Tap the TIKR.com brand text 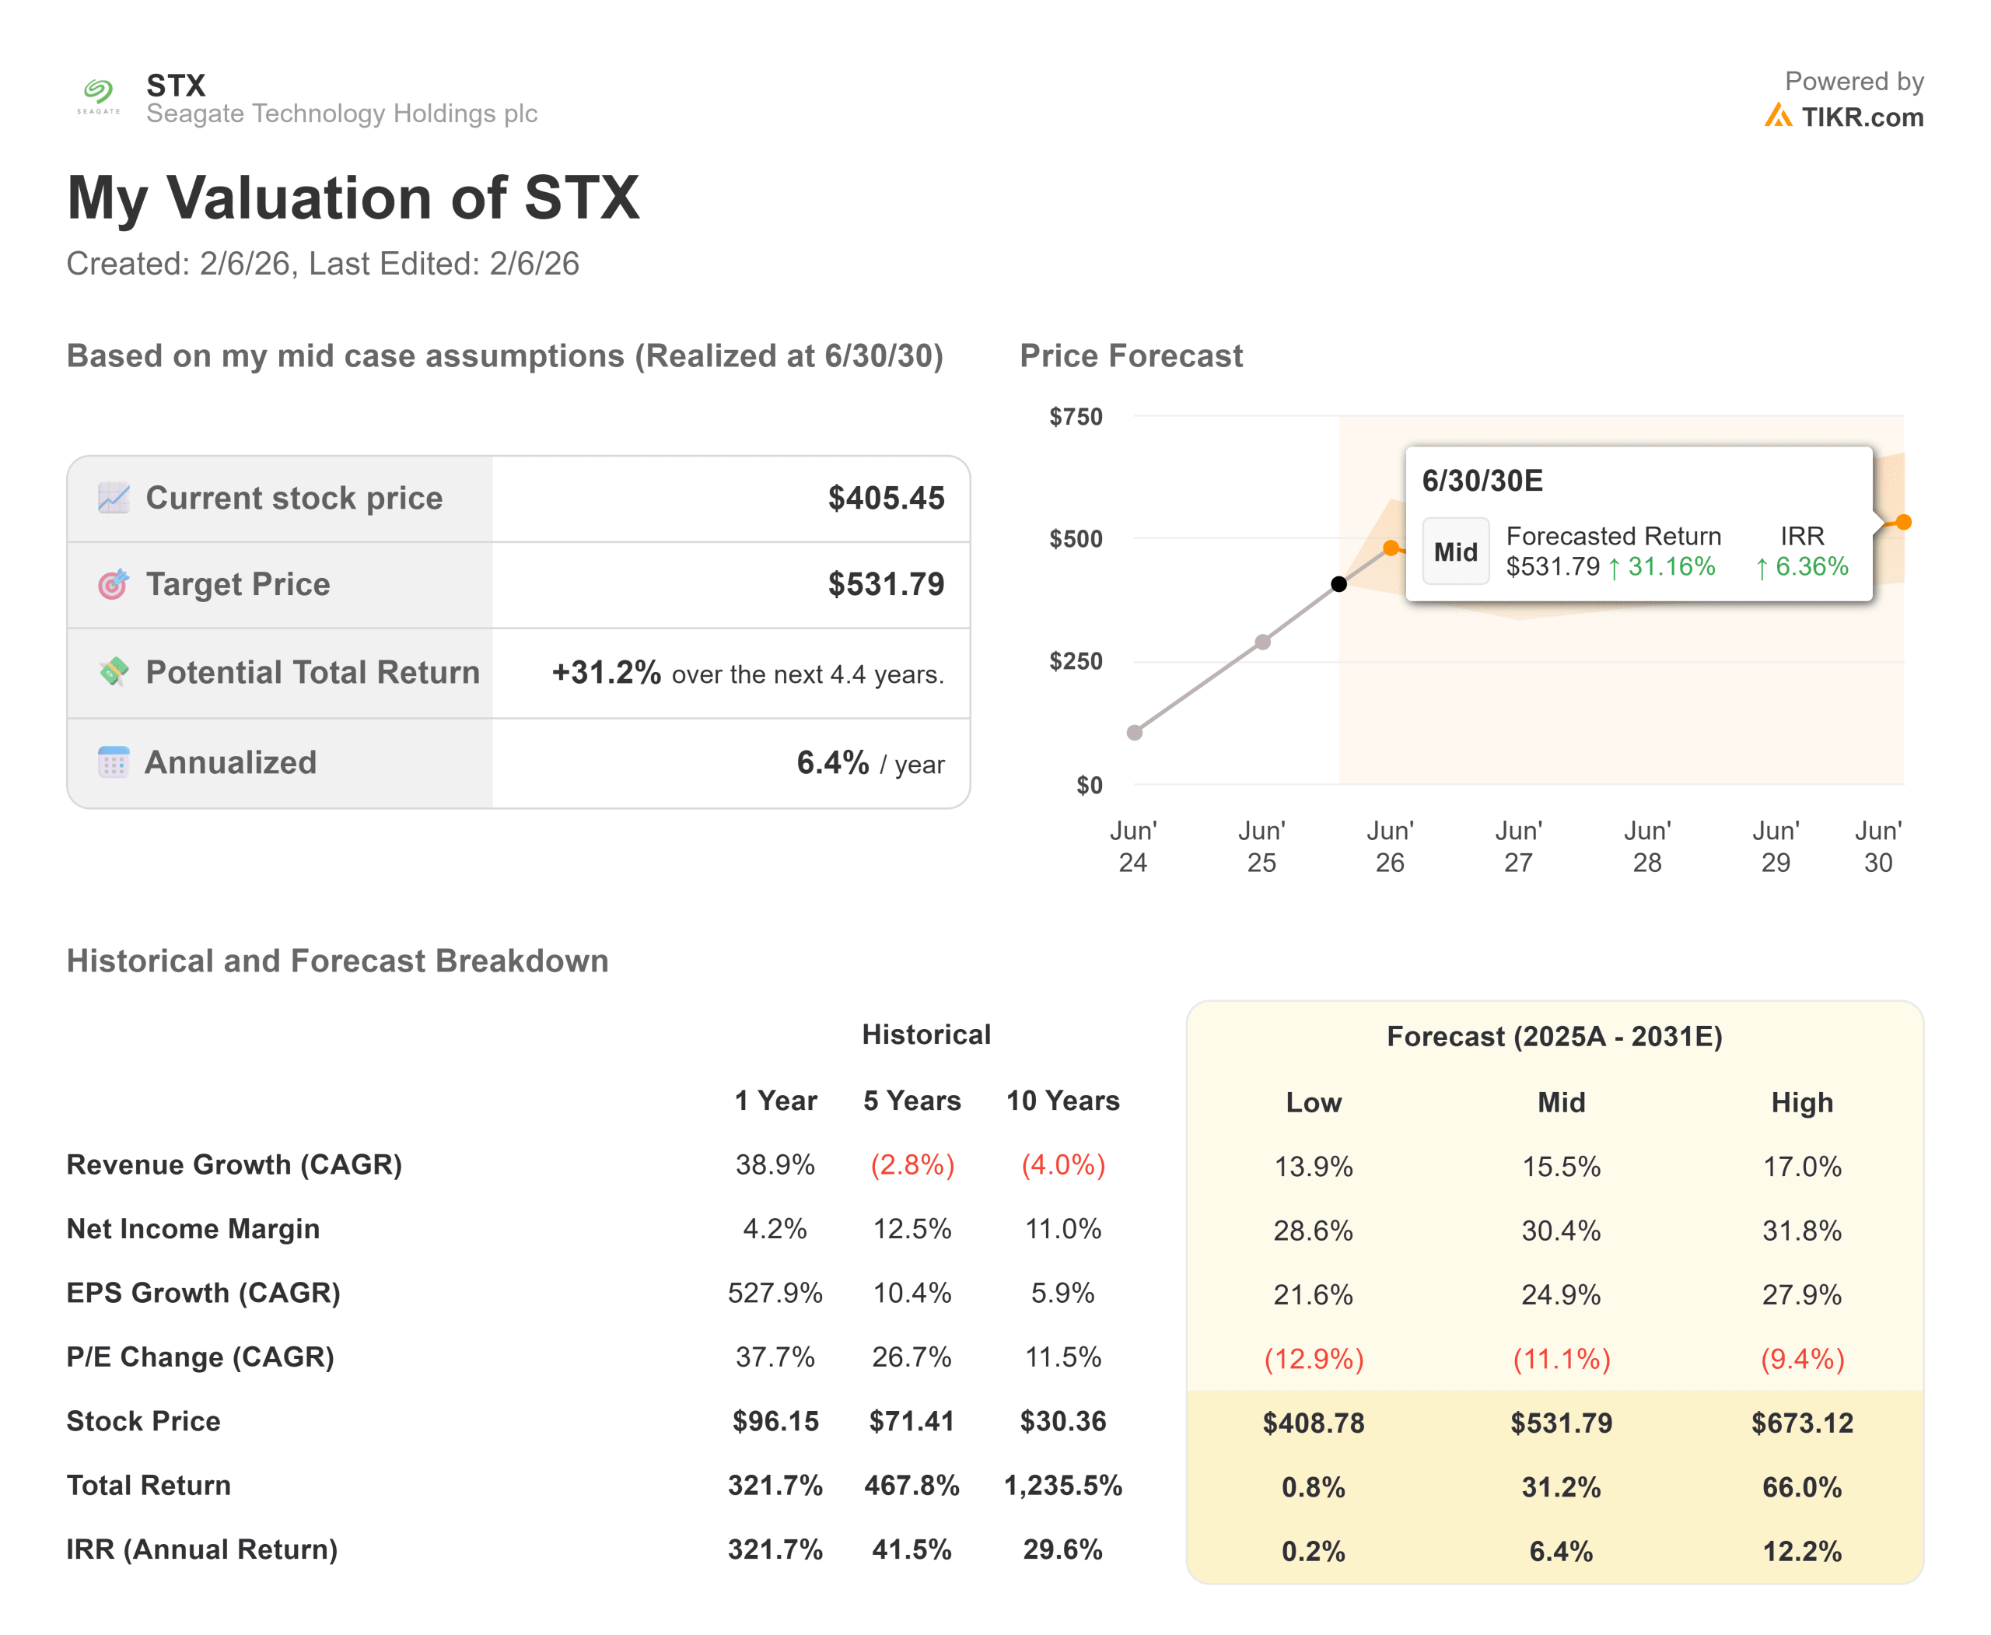click(1861, 117)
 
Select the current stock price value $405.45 click(885, 499)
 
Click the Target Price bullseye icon click(113, 585)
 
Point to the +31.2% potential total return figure click(606, 673)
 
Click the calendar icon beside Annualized click(113, 762)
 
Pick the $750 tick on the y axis click(1075, 416)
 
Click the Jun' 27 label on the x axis click(1517, 846)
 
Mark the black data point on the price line click(1338, 584)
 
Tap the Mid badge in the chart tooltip click(1455, 552)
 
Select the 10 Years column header click(1062, 1100)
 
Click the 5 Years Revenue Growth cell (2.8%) click(912, 1165)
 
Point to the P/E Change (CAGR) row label click(200, 1357)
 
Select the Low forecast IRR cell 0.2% click(1313, 1551)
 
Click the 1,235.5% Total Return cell click(1062, 1485)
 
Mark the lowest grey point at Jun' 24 click(1135, 733)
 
